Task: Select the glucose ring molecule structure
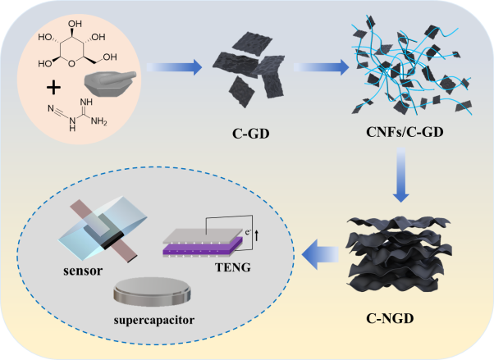[77, 44]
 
